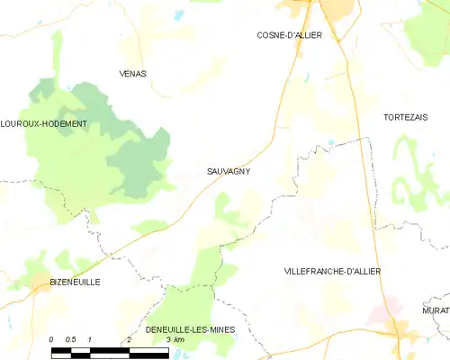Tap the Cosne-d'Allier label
289,35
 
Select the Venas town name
132,74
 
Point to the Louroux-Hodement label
44,123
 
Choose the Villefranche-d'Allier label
332,270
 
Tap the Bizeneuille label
75,282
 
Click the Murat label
436,310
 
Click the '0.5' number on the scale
71,339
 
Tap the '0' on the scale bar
51,339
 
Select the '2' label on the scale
130,339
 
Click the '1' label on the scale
91,339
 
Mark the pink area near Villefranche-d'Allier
381,314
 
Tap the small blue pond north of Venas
178,15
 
